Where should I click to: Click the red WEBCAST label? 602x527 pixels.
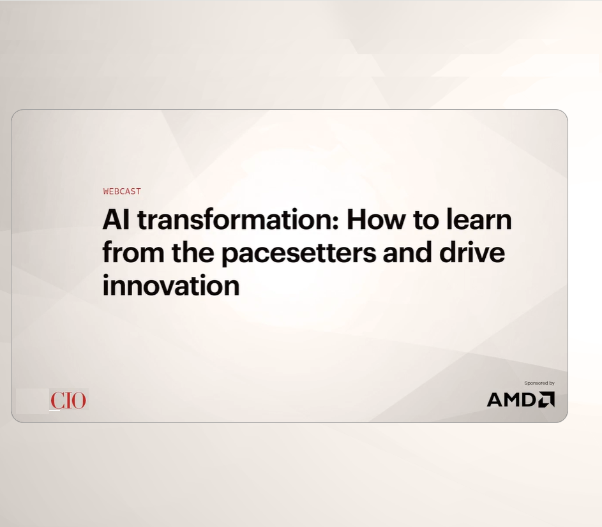[122, 191]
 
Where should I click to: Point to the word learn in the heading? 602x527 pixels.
[479, 219]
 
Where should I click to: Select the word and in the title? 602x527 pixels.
[407, 253]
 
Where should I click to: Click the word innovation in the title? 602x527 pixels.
[171, 285]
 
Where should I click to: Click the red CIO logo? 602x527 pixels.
[68, 400]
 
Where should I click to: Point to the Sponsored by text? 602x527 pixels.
[539, 383]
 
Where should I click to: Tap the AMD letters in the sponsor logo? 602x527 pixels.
[511, 399]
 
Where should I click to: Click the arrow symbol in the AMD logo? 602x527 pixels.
[546, 399]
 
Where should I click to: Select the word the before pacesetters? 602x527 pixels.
[193, 253]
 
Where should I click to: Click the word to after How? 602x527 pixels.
[425, 220]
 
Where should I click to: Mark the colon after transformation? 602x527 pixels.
[336, 222]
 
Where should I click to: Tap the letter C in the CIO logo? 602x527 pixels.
[57, 400]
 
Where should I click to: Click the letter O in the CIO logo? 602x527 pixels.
[79, 400]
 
